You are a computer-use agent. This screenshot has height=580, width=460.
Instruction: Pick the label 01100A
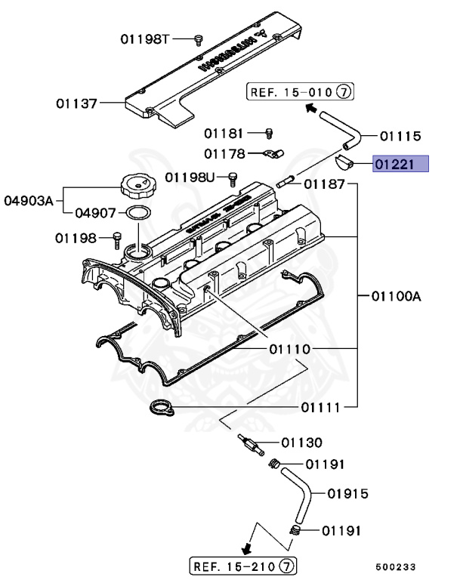[x=396, y=295]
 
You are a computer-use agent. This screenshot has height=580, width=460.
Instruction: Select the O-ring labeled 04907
[x=136, y=214]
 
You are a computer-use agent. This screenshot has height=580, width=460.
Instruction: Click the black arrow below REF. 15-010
[x=310, y=108]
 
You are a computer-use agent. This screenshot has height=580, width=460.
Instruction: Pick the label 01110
[x=286, y=350]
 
